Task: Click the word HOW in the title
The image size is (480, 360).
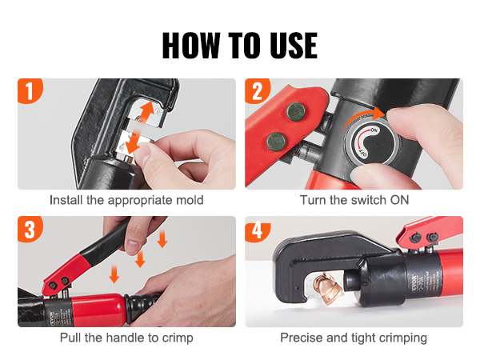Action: tap(191, 46)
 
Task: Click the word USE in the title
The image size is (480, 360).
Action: tap(294, 46)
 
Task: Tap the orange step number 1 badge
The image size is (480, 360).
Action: tap(30, 90)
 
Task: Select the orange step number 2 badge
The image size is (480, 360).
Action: tap(257, 90)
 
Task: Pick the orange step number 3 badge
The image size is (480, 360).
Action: tap(30, 229)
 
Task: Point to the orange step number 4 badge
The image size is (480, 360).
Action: tap(257, 229)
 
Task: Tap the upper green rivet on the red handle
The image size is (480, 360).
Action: tap(295, 111)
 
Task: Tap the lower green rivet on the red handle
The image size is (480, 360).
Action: tap(276, 142)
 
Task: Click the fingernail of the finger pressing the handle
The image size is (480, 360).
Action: tap(133, 246)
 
